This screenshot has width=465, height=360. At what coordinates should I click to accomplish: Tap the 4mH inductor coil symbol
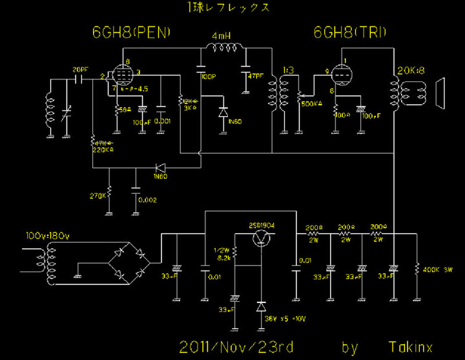click(x=223, y=48)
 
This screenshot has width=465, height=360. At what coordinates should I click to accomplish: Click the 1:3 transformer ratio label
click(x=289, y=70)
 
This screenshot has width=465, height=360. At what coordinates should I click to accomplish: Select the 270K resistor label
click(x=98, y=194)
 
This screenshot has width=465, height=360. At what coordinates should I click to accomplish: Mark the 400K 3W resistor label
click(x=439, y=268)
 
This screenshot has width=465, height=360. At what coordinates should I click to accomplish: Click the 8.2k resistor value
click(x=224, y=257)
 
